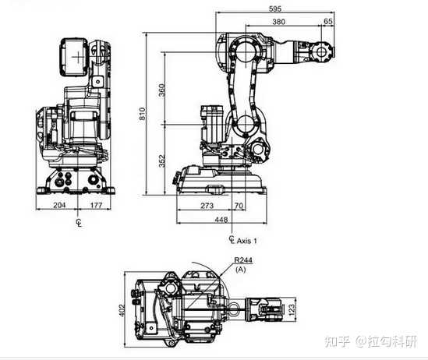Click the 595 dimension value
275,9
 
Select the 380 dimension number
278,22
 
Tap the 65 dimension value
328,21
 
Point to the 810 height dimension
142,114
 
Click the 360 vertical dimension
162,90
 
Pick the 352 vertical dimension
162,161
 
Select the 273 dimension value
207,206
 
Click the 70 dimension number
239,206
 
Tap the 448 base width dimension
221,219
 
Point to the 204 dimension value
59,205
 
